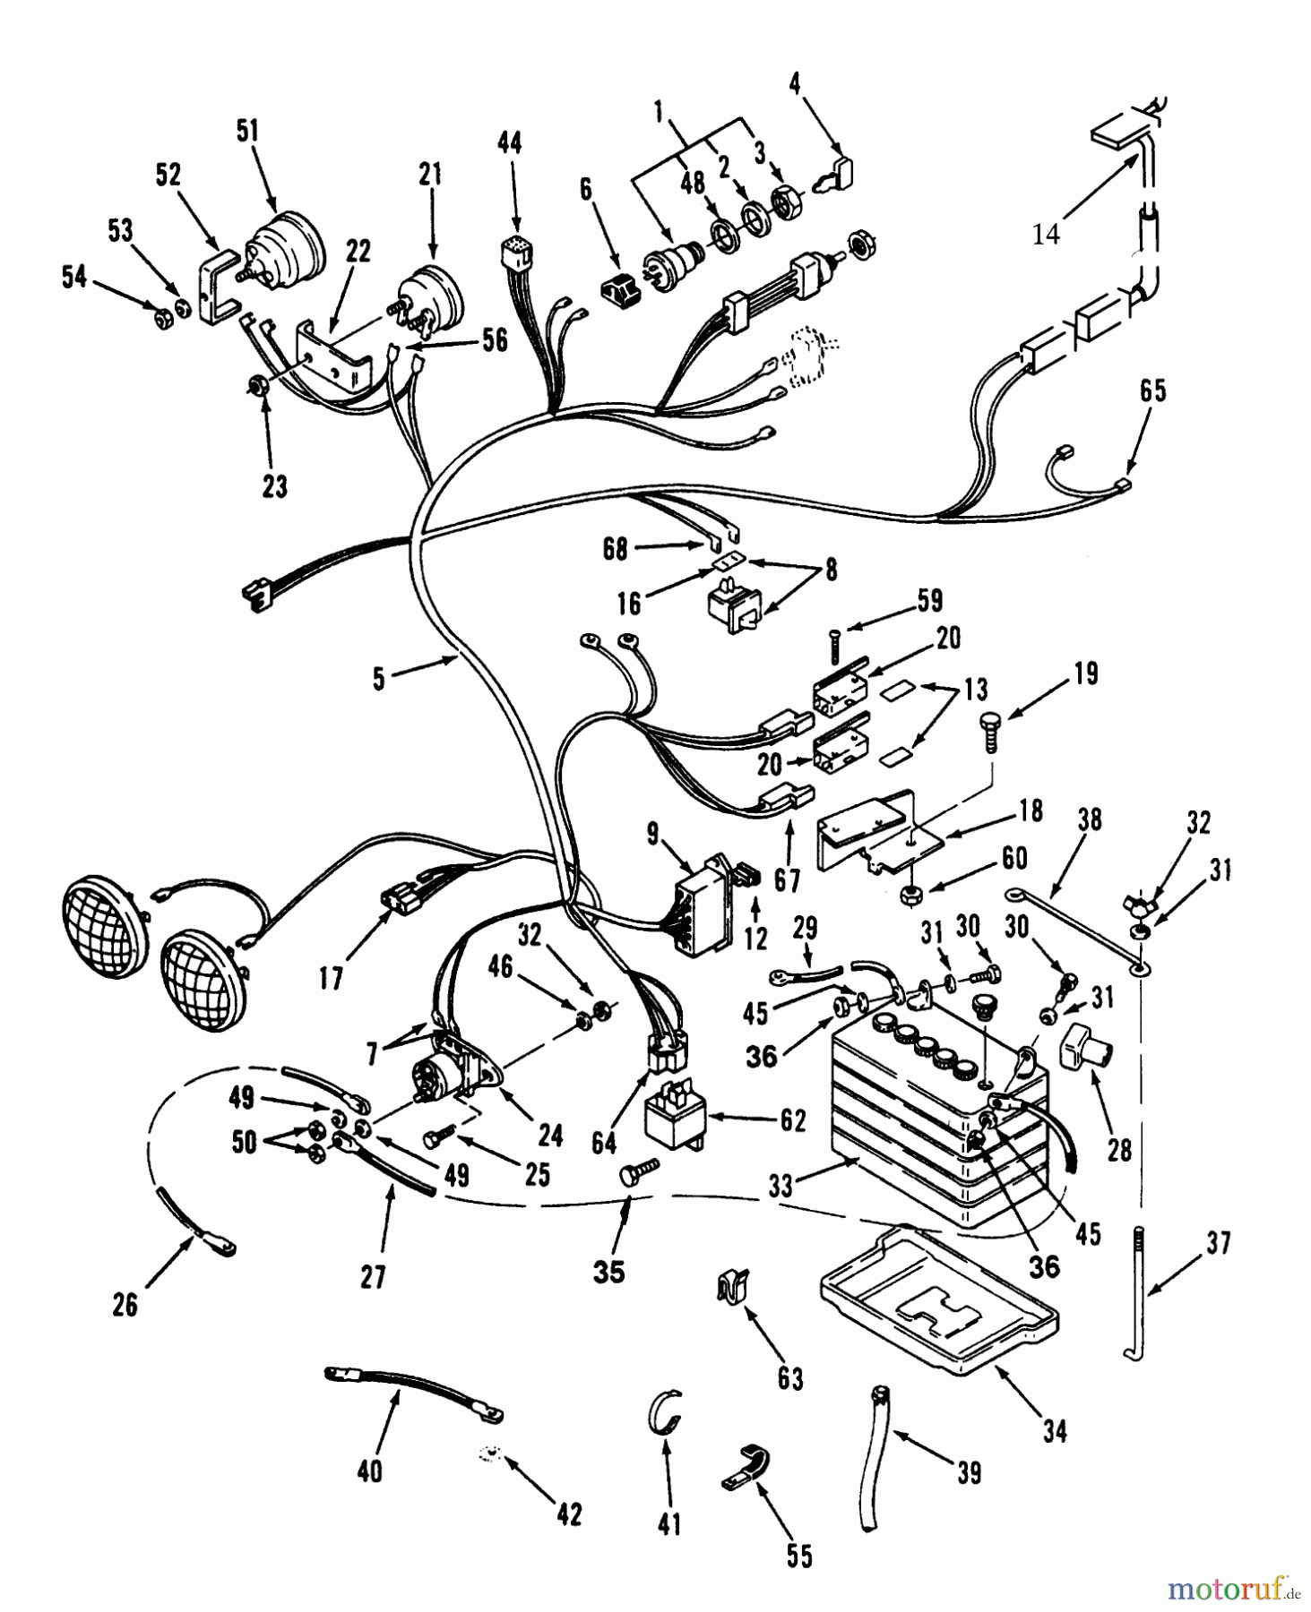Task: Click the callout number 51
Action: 247,131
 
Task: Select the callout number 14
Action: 1046,235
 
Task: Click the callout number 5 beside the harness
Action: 379,679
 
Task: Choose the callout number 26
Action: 125,1305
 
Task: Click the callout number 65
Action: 1152,391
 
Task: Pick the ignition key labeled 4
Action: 836,175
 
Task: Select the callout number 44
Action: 510,142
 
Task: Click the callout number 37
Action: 1218,1243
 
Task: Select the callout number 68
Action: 615,549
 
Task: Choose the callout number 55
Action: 799,1556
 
